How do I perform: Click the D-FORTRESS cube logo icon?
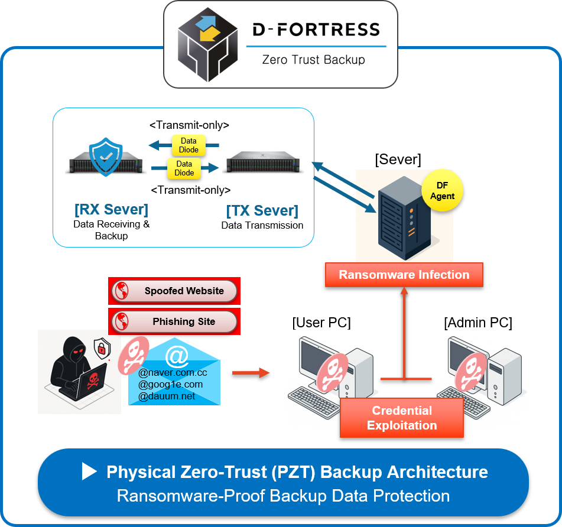pos(207,44)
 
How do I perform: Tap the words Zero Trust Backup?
pos(314,60)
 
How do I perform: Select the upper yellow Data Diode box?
pos(189,145)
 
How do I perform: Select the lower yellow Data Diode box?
pos(184,168)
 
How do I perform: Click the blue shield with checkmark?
pos(105,158)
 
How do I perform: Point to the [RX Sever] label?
pos(111,210)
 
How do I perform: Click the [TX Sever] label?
pos(262,211)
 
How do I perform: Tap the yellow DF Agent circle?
pos(442,191)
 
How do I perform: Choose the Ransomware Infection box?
pos(404,275)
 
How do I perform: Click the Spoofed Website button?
pos(174,291)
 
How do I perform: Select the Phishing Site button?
pos(174,322)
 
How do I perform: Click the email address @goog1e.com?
pos(170,385)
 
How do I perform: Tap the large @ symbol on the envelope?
pos(177,356)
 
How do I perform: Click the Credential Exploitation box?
pos(402,418)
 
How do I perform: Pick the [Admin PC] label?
pos(477,323)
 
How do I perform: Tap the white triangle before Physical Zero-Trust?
pos(89,471)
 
